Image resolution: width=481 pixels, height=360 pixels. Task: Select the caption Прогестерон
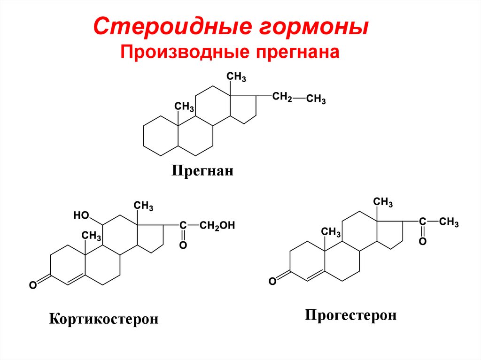350,314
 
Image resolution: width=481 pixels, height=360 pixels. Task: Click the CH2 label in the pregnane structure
281,97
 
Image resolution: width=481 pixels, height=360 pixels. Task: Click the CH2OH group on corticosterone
217,226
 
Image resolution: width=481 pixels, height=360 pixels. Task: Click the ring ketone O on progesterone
272,281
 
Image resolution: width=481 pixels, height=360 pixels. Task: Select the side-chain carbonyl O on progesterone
422,241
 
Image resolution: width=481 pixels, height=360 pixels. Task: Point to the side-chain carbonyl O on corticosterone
183,245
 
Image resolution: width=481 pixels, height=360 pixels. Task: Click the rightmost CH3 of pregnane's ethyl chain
316,100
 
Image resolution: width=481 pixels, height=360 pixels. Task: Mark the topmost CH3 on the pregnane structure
236,77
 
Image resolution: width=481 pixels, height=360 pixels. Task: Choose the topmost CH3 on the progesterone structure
383,203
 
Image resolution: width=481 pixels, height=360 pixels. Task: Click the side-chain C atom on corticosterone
183,226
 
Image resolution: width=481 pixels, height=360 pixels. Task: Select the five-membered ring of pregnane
243,108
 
